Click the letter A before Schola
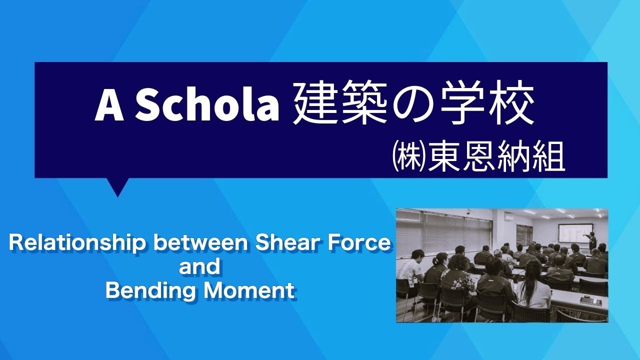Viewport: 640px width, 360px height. (109, 106)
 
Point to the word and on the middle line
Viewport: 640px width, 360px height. (199, 267)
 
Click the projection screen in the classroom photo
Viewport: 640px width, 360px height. (572, 234)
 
